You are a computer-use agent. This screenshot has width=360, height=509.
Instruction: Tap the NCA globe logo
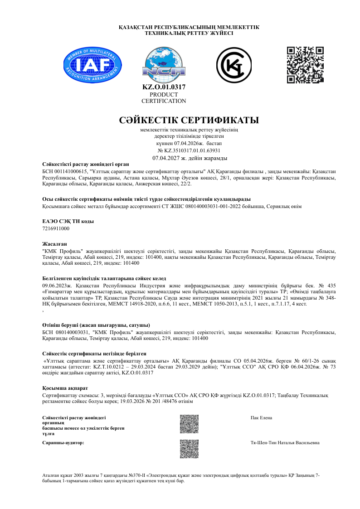coord(164,65)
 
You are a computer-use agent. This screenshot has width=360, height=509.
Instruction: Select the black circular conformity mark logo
coord(234,65)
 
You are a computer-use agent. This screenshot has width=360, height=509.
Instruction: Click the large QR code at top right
coord(305,65)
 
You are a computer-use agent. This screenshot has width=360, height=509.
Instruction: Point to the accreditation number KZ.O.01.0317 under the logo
coord(164,87)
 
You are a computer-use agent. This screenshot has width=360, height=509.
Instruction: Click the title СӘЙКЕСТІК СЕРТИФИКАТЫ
coord(189,121)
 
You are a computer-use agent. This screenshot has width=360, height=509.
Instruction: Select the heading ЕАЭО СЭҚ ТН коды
coord(62,221)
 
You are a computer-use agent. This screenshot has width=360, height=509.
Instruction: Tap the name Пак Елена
coord(261,417)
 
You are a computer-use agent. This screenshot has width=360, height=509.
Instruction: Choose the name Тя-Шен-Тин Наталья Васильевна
coord(285,442)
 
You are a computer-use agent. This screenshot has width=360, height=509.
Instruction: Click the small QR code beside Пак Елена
coord(189,424)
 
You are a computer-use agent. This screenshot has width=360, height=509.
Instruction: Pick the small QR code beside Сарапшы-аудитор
coord(189,449)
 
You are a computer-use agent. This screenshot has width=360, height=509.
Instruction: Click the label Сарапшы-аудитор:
coord(63,442)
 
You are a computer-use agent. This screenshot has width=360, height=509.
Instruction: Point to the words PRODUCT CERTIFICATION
coord(164,98)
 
